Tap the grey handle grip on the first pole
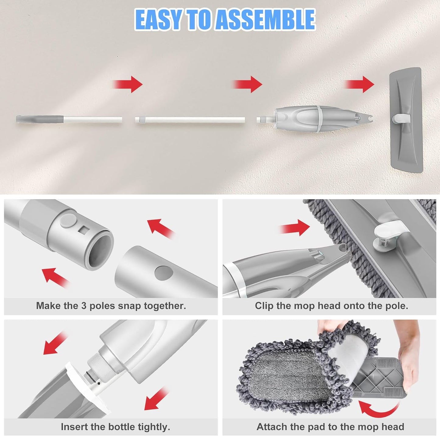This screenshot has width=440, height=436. tap(40, 119)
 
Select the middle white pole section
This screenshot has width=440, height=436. tap(190, 119)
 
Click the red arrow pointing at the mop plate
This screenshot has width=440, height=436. tap(361, 84)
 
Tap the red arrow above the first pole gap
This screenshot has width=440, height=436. tap(129, 84)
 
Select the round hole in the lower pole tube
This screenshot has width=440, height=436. tap(164, 273)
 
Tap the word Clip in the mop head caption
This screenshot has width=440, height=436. tap(264, 306)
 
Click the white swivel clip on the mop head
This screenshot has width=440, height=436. tap(384, 235)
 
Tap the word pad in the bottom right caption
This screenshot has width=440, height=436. tap(315, 427)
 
